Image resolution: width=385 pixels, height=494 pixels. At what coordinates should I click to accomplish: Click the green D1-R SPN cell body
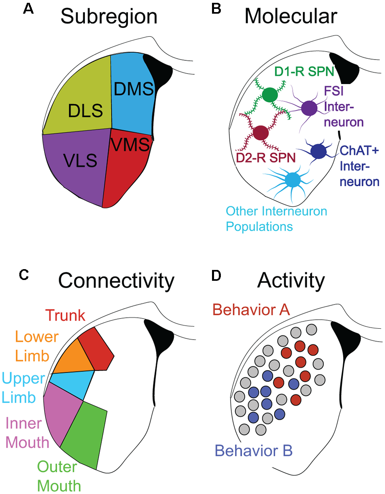269,95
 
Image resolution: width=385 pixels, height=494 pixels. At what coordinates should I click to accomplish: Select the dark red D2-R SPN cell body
260,132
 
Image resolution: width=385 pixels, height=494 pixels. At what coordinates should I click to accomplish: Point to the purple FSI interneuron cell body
309,108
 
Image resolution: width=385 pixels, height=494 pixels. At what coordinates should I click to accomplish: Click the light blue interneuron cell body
292,179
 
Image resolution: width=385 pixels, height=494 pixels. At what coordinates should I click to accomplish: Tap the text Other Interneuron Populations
277,218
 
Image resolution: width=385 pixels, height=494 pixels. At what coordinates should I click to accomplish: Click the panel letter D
217,275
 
